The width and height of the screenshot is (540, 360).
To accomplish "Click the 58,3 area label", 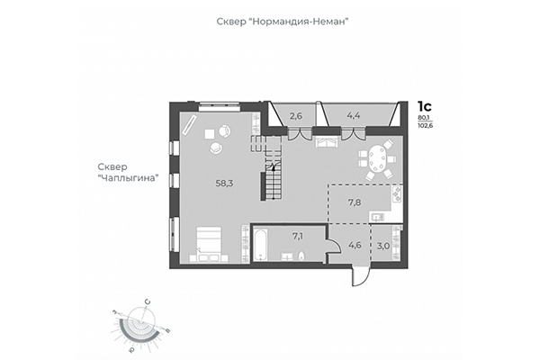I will coord(224,183).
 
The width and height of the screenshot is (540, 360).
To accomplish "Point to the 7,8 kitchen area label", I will coord(355,202).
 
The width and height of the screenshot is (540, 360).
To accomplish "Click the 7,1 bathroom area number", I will coord(297,237).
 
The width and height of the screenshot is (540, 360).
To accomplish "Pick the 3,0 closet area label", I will coord(383,245).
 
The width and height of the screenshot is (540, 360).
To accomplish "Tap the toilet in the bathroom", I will coord(303,257).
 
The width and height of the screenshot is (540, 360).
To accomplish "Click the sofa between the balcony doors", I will coord(326,141).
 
